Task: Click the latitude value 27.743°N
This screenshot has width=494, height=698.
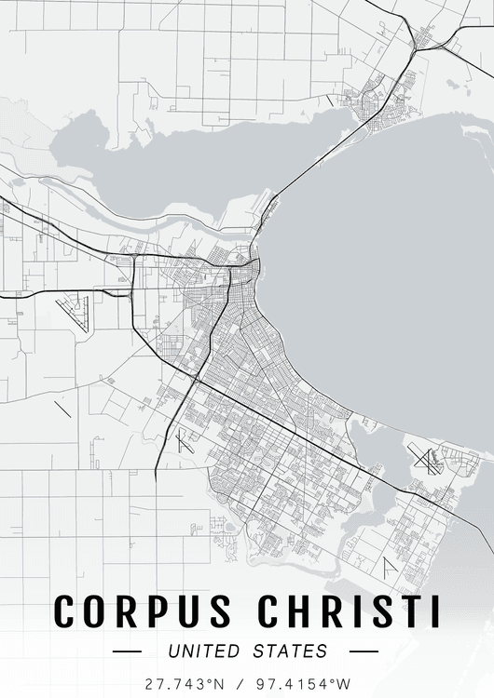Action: click(184, 683)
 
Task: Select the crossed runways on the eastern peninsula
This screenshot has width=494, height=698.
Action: click(426, 459)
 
